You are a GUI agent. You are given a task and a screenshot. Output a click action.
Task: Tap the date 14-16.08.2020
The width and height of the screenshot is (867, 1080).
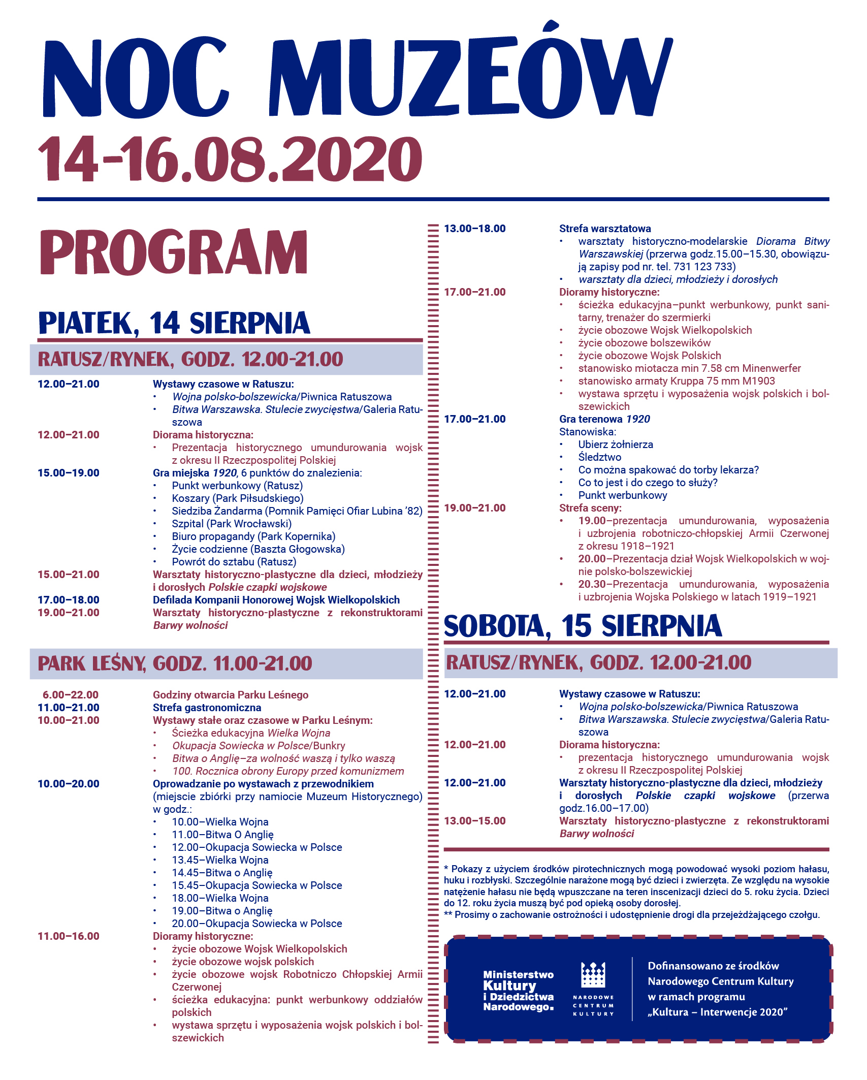(230, 159)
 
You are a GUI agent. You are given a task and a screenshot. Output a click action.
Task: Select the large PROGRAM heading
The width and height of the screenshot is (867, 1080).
(173, 252)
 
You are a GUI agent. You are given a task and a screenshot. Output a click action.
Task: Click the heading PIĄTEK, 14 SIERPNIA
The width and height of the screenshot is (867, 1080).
(174, 323)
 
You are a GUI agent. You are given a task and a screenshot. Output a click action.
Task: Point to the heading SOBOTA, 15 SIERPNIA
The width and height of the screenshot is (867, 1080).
(583, 626)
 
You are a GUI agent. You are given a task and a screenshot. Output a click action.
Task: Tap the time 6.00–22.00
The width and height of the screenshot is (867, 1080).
(71, 695)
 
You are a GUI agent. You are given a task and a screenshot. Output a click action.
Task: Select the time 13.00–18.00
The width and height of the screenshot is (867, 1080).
(475, 229)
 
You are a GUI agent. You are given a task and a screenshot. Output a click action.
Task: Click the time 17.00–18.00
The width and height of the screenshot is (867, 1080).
(69, 600)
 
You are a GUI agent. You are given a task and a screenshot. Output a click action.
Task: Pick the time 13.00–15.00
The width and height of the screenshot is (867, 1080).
(475, 821)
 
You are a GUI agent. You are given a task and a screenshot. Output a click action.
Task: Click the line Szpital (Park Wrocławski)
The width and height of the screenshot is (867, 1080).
(232, 524)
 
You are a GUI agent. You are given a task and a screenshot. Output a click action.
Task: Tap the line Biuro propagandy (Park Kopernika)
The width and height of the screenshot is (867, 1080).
(253, 536)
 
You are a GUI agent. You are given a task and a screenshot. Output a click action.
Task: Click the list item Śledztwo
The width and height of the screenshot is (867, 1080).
(599, 457)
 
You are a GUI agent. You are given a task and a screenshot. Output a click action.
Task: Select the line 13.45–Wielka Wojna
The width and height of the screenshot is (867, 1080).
(220, 860)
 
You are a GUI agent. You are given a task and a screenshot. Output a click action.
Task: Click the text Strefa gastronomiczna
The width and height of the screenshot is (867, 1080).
(207, 708)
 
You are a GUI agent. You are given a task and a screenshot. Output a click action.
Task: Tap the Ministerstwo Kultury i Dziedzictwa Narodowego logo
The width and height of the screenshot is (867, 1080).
(518, 991)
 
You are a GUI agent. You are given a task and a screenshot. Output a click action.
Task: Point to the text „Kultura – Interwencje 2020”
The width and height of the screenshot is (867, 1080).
(717, 1012)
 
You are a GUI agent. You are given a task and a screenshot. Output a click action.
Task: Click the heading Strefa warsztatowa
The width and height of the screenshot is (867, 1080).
(605, 229)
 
